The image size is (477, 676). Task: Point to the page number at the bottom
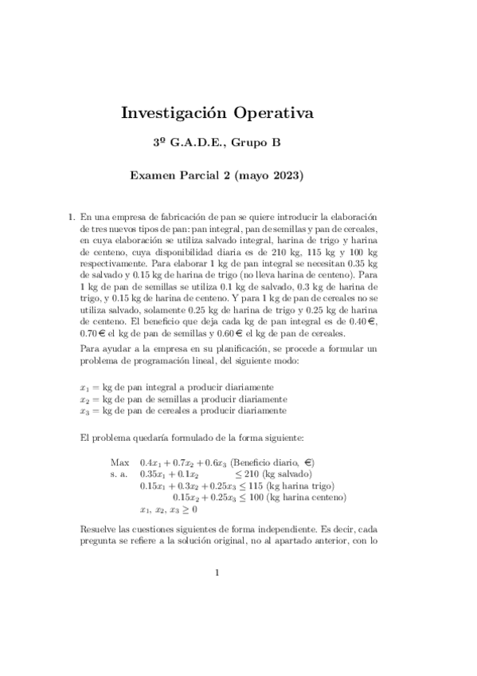[x=217, y=572]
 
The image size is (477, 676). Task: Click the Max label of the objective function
[x=120, y=462]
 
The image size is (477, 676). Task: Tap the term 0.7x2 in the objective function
[x=184, y=462]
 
